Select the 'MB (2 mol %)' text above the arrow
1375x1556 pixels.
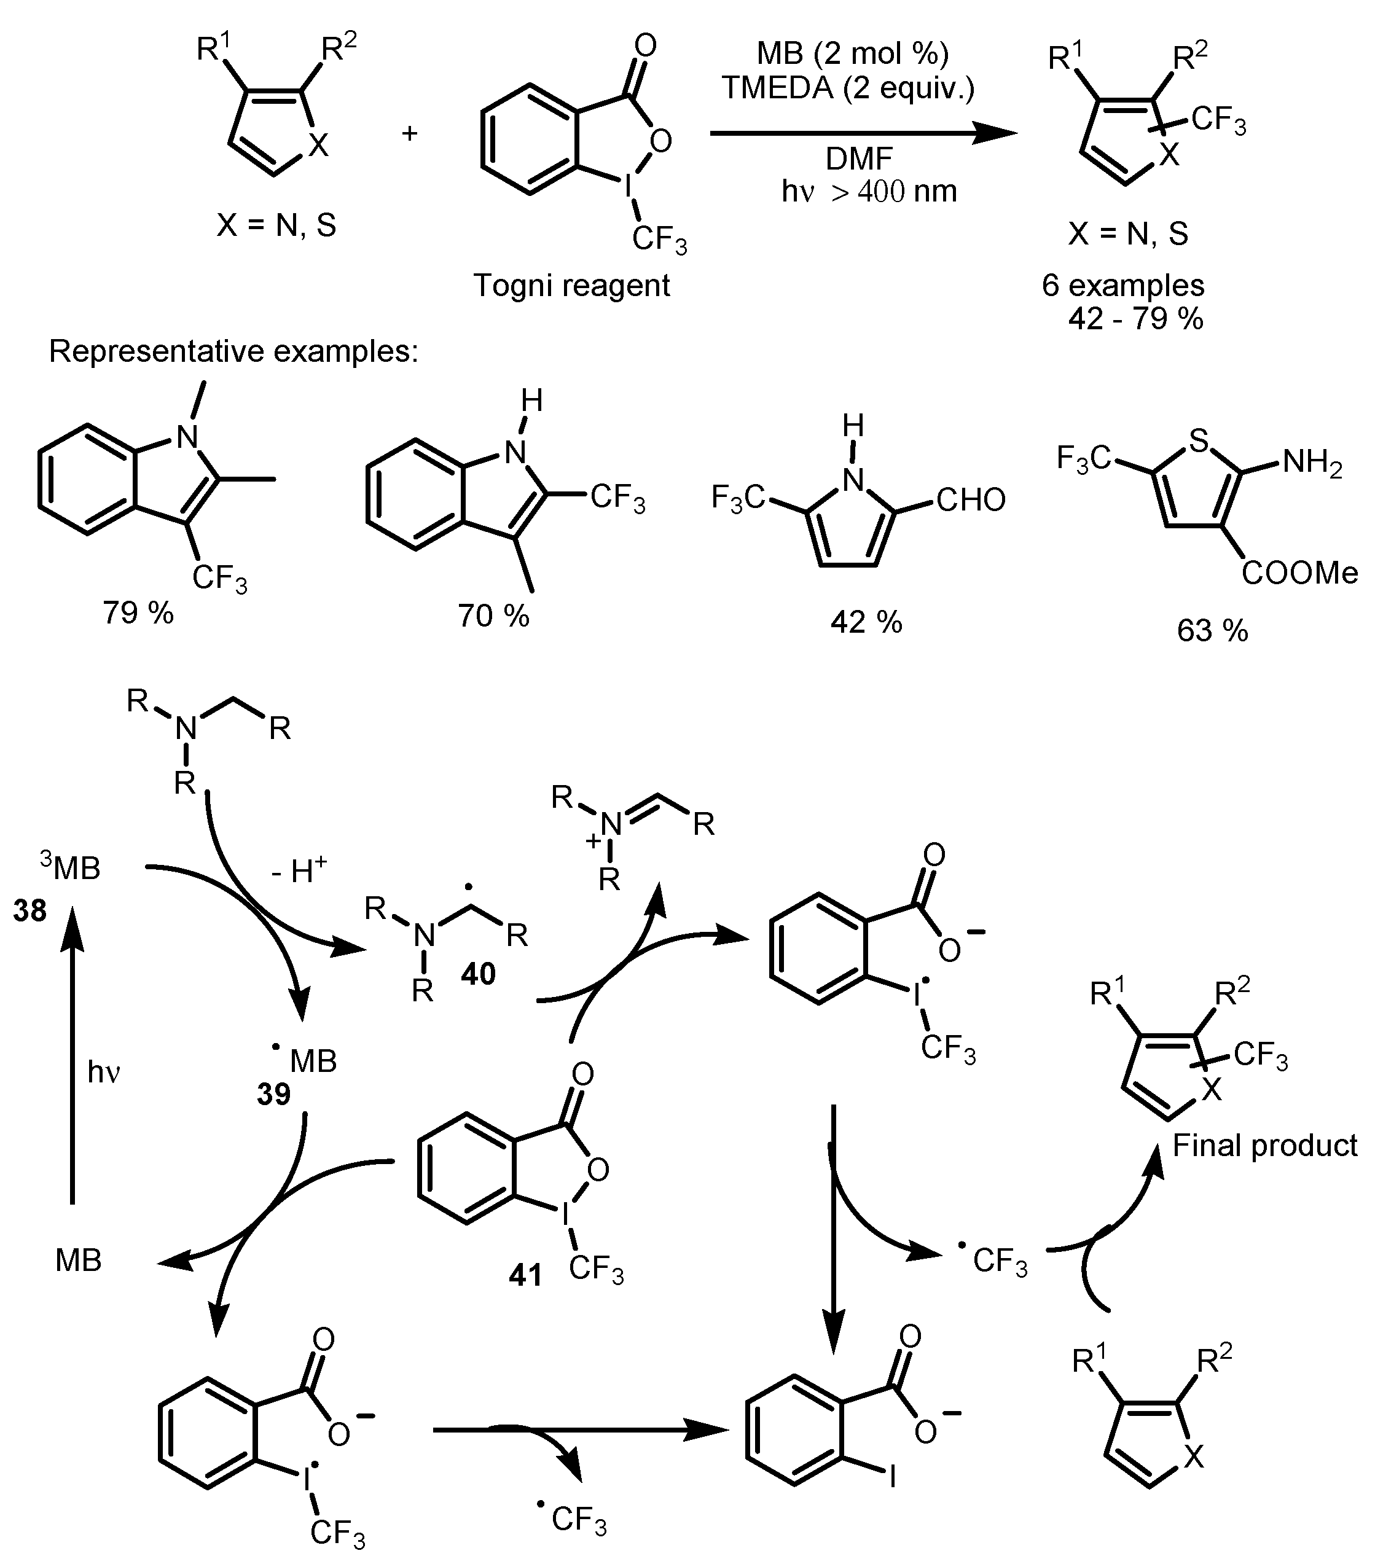tap(852, 53)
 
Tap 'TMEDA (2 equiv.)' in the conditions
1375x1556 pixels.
tap(848, 88)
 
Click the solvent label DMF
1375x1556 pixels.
tap(859, 159)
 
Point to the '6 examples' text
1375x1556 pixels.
tap(1123, 286)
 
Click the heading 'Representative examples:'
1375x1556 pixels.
tap(233, 352)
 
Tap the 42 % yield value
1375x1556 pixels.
tap(866, 623)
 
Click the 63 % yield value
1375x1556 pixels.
tap(1212, 630)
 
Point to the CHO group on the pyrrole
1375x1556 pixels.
tap(971, 500)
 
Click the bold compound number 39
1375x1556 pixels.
tap(273, 1094)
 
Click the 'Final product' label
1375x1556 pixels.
tap(1264, 1145)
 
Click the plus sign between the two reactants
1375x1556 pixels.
tap(410, 134)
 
